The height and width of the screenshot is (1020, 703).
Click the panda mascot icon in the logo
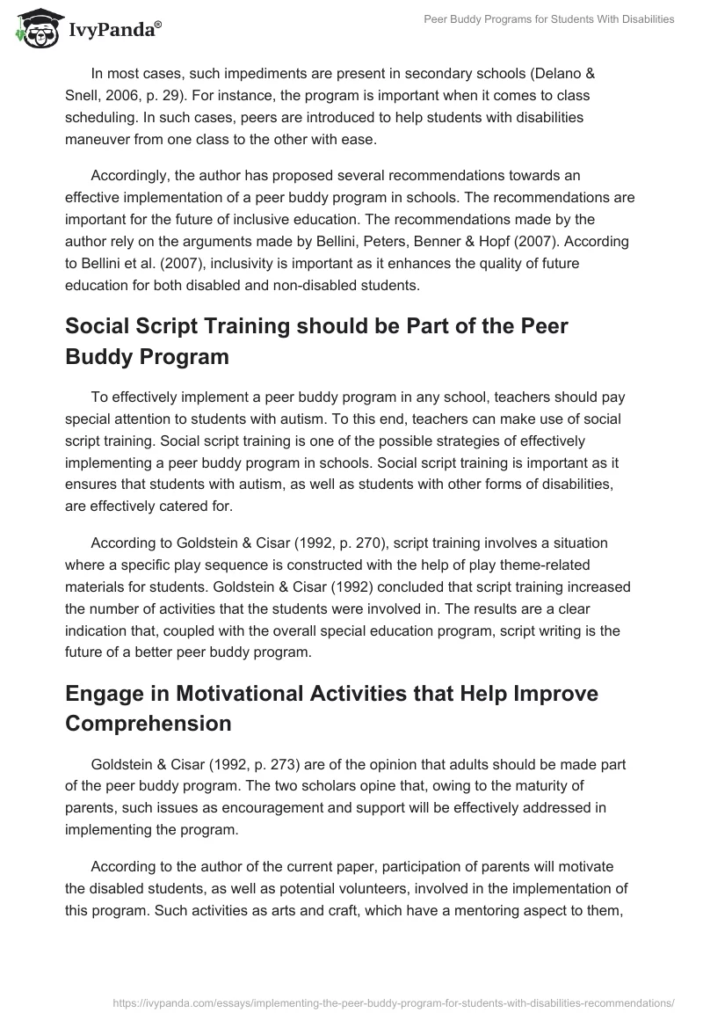point(33,29)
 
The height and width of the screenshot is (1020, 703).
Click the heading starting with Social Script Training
point(316,342)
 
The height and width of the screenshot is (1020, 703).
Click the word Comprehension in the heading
point(149,723)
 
